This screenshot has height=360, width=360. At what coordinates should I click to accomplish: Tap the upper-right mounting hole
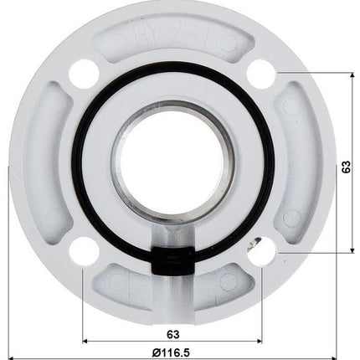tap(263, 73)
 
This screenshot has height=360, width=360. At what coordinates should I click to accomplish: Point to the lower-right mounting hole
tap(263, 250)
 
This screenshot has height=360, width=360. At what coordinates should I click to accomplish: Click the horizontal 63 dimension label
tap(173, 331)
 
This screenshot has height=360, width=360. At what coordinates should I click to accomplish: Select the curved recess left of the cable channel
tap(126, 289)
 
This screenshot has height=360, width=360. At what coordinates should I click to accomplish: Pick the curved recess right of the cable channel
tap(219, 289)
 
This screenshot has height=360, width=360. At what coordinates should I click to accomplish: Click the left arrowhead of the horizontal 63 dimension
tap(85, 341)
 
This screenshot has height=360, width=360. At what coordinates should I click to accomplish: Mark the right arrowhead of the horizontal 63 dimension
tap(260, 341)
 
